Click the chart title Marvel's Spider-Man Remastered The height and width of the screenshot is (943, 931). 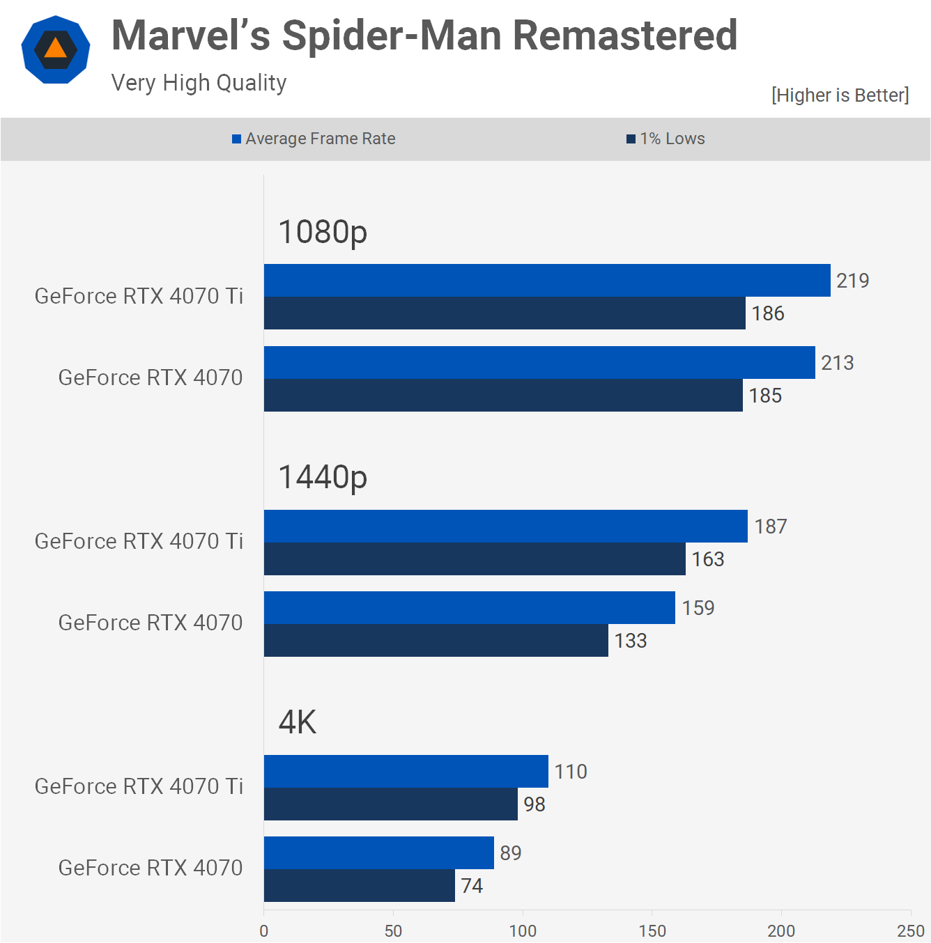pyautogui.click(x=424, y=36)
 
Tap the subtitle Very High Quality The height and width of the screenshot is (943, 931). pyautogui.click(x=199, y=83)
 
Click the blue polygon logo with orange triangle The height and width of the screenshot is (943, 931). pyautogui.click(x=56, y=50)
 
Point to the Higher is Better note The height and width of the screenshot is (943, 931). pyautogui.click(x=840, y=95)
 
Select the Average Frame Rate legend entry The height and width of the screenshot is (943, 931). pyautogui.click(x=314, y=139)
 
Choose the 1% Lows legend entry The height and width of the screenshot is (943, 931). pyautogui.click(x=665, y=139)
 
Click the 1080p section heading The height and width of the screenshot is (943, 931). pyautogui.click(x=323, y=232)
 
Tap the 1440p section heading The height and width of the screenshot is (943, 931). pyautogui.click(x=323, y=477)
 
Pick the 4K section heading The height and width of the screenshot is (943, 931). pyautogui.click(x=298, y=722)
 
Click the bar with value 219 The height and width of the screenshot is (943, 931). pyautogui.click(x=547, y=281)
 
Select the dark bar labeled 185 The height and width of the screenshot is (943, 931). pyautogui.click(x=503, y=396)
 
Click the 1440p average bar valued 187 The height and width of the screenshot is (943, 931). pyautogui.click(x=506, y=527)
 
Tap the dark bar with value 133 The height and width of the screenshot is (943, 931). pyautogui.click(x=436, y=641)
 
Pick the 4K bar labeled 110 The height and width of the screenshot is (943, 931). pyautogui.click(x=406, y=772)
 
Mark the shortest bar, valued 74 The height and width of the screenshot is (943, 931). pyautogui.click(x=360, y=886)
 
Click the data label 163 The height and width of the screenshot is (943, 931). pyautogui.click(x=708, y=559)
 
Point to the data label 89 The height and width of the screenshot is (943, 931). pyautogui.click(x=511, y=853)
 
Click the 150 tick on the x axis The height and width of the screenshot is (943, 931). pyautogui.click(x=652, y=931)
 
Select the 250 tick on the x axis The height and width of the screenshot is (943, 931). pyautogui.click(x=910, y=931)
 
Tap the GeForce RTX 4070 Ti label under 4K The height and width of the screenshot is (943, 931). pyautogui.click(x=139, y=786)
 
